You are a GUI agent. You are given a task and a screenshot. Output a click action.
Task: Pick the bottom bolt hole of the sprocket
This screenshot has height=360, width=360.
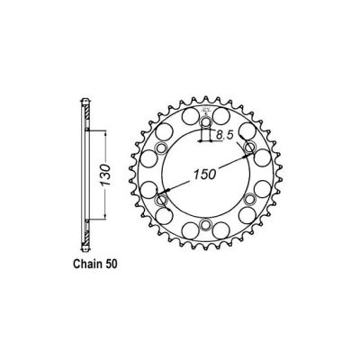(x=205, y=223)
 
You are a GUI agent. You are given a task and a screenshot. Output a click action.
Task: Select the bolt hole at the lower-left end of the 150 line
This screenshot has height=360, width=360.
(x=162, y=198)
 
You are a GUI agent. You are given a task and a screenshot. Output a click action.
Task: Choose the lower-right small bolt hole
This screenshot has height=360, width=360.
(x=249, y=198)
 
